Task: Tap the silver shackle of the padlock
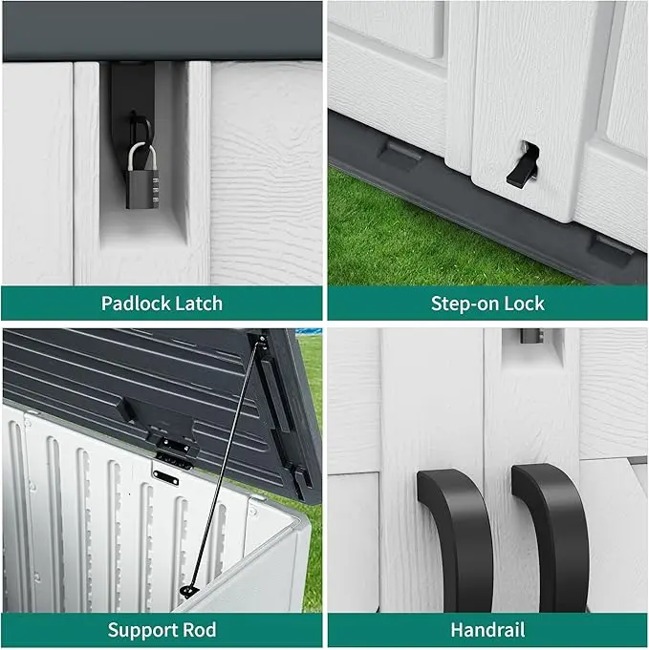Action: [x=141, y=157]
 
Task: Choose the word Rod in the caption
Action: [x=200, y=630]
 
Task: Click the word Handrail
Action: [x=487, y=630]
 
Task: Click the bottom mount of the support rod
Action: [x=189, y=591]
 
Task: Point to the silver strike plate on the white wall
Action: [x=165, y=477]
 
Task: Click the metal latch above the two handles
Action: [x=531, y=335]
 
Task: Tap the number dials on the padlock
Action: [x=156, y=190]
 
